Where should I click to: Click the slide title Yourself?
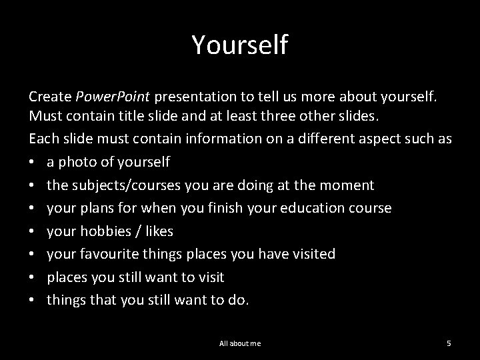(x=240, y=45)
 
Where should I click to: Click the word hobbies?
(x=101, y=231)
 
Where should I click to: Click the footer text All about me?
(x=240, y=343)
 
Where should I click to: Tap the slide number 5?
(x=449, y=343)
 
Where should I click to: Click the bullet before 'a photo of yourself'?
(x=33, y=162)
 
